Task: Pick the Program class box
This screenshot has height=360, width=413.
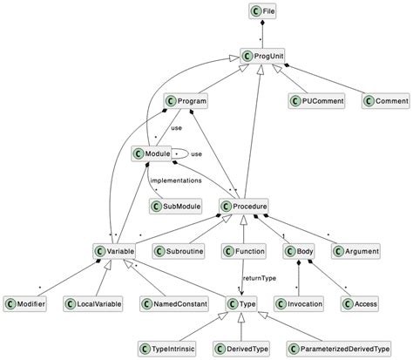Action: (x=186, y=102)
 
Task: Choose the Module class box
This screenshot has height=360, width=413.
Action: (x=151, y=153)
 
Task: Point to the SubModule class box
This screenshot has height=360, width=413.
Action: (x=174, y=207)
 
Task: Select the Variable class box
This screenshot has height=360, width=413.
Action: (x=115, y=251)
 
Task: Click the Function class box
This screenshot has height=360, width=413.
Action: (x=244, y=251)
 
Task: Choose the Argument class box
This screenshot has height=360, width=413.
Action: (x=355, y=251)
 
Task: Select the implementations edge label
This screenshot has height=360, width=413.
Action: (x=177, y=180)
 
